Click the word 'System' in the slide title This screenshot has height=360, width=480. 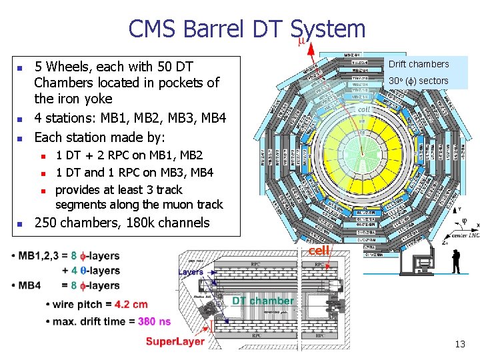pyautogui.click(x=328, y=29)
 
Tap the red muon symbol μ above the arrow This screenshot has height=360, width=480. pyautogui.click(x=301, y=41)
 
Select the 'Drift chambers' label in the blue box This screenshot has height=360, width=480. pyautogui.click(x=419, y=64)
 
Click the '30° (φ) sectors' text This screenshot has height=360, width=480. pyautogui.click(x=419, y=81)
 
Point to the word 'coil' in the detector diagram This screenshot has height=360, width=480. pyautogui.click(x=364, y=109)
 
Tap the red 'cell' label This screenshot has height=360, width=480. pyautogui.click(x=319, y=251)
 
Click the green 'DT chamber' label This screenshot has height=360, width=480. pyautogui.click(x=263, y=301)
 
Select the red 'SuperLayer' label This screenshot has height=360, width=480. pyautogui.click(x=175, y=341)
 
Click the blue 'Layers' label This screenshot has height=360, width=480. pyautogui.click(x=191, y=272)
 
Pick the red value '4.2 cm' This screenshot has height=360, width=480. pyautogui.click(x=131, y=305)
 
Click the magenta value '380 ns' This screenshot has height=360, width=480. pyautogui.click(x=154, y=321)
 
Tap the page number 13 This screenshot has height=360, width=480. pyautogui.click(x=459, y=344)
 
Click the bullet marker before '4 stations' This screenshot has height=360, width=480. pyautogui.click(x=20, y=119)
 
